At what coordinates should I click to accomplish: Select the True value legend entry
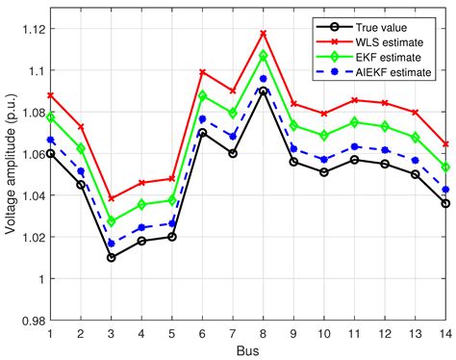tap(390, 26)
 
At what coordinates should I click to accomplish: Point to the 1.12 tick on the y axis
tap(33, 28)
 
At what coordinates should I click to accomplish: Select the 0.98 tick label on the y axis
tap(33, 321)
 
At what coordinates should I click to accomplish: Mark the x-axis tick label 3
tap(112, 332)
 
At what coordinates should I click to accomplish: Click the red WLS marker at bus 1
tap(50, 95)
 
